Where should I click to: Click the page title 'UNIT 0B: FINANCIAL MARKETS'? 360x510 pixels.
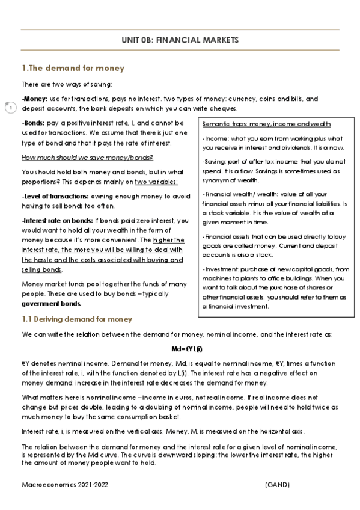pos(180,40)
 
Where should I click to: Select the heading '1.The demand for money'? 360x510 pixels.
pos(73,68)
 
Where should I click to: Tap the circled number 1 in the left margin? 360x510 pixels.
pos(10,108)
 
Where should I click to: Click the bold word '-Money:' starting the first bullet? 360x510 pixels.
pos(34,99)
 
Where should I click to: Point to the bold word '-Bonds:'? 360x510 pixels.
pos(34,123)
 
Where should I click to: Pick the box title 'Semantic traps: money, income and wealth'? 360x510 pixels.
pos(267,124)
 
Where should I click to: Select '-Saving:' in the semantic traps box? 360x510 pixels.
pos(214,162)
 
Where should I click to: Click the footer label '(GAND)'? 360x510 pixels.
pos(277,484)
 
